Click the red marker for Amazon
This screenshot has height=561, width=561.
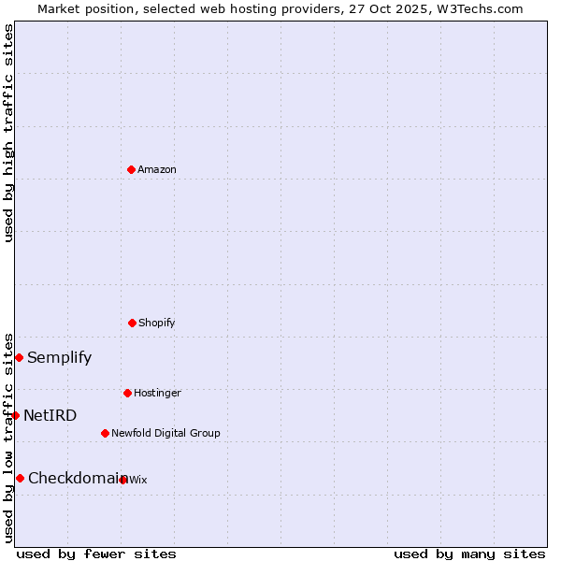(131, 169)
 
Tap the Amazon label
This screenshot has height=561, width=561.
(157, 170)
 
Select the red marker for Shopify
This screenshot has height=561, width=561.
(132, 323)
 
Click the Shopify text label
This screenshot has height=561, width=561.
(157, 324)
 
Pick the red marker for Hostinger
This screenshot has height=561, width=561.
(127, 393)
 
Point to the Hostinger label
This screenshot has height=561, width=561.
(157, 394)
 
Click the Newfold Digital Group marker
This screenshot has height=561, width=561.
(105, 433)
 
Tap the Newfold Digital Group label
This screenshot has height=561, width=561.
(165, 434)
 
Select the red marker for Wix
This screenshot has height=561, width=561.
(123, 480)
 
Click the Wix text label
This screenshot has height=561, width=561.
(138, 481)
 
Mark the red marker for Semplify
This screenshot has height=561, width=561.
(19, 357)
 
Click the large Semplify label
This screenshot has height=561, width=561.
(59, 358)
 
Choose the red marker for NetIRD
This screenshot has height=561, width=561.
(15, 415)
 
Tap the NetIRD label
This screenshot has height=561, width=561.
(50, 416)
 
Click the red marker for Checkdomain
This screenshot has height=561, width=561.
(20, 478)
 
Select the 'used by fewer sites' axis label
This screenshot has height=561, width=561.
(96, 554)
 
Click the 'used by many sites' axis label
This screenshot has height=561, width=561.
(469, 554)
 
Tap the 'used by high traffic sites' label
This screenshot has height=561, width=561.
(8, 133)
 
